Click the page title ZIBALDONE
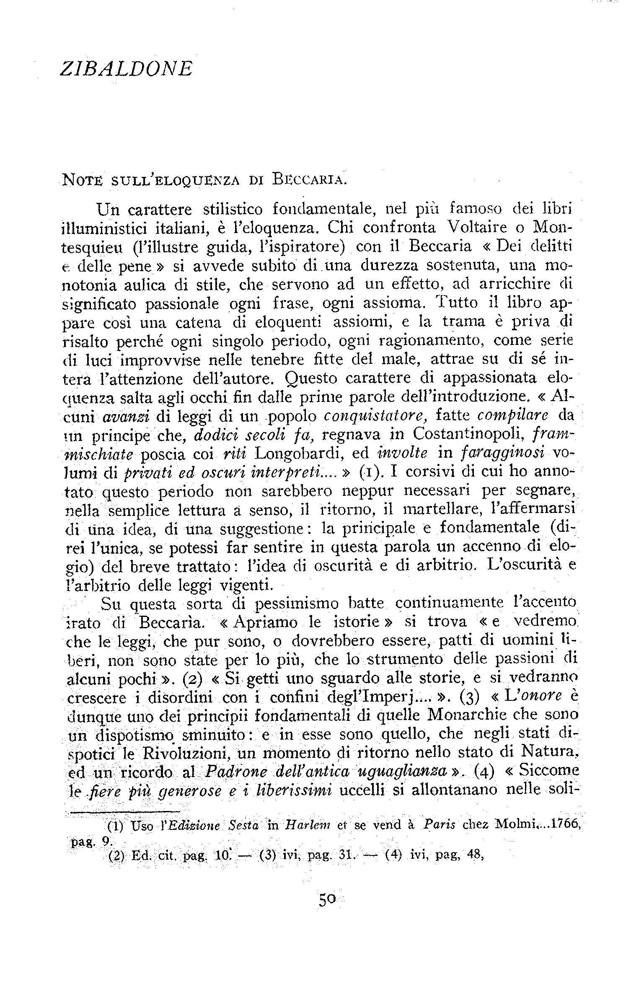126,69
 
